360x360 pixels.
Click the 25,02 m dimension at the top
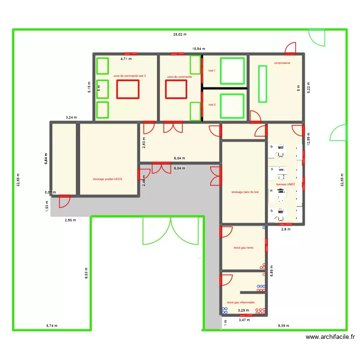[180, 35]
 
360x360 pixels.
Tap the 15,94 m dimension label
[199, 49]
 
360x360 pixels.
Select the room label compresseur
[283, 63]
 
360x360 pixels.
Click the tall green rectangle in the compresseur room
[263, 84]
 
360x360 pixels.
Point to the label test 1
[212, 71]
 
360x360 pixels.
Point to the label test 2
[212, 104]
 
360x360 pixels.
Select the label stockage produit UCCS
[108, 179]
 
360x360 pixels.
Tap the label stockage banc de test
[245, 192]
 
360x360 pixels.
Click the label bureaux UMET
[285, 184]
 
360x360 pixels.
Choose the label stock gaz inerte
[243, 248]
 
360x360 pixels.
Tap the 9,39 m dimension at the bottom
[284, 326]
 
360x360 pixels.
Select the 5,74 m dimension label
[52, 326]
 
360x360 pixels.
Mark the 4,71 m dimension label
[126, 59]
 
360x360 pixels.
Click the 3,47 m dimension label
[244, 320]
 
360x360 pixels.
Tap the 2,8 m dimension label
[286, 229]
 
